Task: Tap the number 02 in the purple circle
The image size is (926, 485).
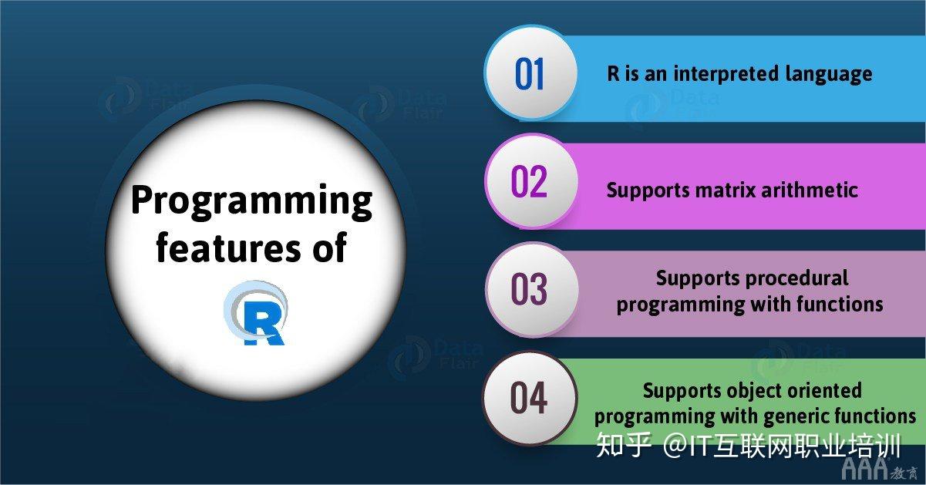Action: point(529,181)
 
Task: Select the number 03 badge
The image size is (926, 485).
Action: point(529,289)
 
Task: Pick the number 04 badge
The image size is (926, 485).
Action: point(529,397)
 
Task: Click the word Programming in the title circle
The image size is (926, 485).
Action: point(252,201)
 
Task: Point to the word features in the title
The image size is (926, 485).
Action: point(227,248)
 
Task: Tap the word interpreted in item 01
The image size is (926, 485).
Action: point(726,75)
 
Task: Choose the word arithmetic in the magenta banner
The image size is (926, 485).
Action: point(810,190)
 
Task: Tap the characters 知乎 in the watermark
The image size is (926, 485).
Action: point(624,445)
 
